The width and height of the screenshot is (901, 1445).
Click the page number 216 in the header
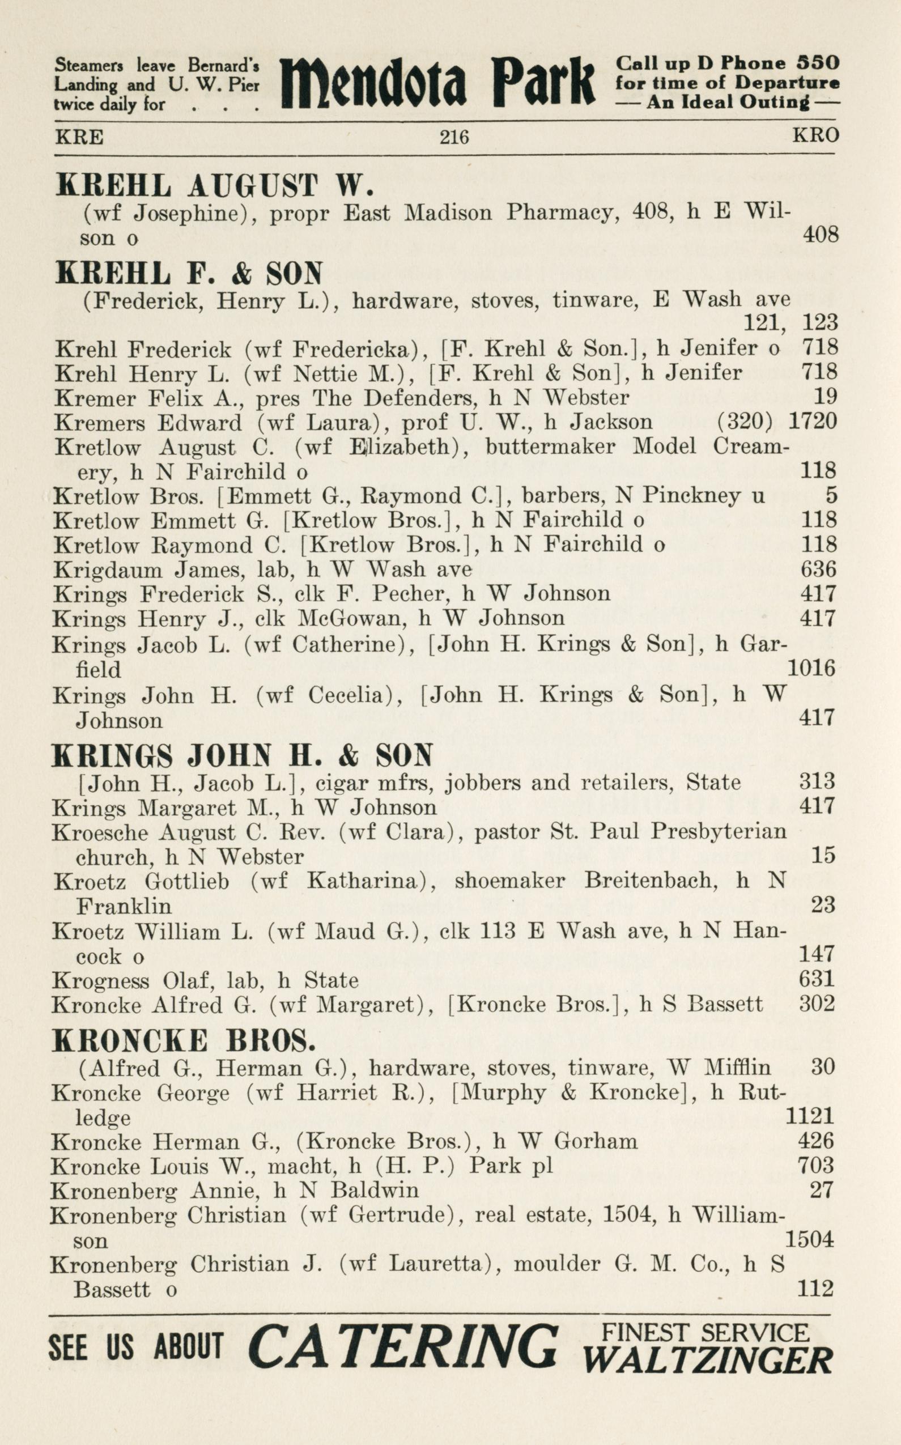[x=454, y=137]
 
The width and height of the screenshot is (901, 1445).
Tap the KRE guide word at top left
[x=79, y=138]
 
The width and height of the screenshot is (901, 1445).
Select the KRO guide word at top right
[x=815, y=135]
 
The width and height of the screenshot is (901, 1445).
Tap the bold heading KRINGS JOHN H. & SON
[x=242, y=755]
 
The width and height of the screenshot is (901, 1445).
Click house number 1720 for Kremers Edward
[x=813, y=421]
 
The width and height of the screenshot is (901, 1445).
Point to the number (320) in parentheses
[x=745, y=421]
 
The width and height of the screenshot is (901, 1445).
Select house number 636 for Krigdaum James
[x=818, y=569]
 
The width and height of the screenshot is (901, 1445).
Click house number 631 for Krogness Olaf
[x=817, y=979]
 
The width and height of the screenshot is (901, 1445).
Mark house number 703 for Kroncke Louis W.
[x=816, y=1165]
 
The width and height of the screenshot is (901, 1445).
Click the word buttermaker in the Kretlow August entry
[x=550, y=446]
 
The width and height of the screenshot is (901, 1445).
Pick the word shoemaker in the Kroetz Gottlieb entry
[x=509, y=880]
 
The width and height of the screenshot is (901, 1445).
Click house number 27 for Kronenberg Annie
[x=821, y=1189]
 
